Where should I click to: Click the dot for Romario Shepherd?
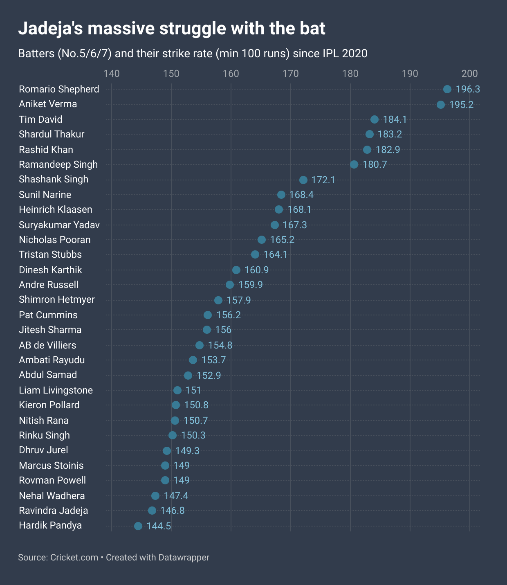point(447,89)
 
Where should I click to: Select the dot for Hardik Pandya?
point(138,526)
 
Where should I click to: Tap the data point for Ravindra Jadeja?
point(152,511)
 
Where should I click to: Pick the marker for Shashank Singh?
point(303,180)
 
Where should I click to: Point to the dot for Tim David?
point(375,119)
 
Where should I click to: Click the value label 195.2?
point(461,105)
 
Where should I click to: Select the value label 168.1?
point(299,209)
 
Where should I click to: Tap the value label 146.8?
point(173,511)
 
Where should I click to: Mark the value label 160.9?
point(256,270)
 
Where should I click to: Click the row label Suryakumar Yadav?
point(59,225)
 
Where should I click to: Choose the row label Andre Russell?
point(49,285)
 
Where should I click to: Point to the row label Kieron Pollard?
point(49,405)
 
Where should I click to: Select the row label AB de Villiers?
point(47,345)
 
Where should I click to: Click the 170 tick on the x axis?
point(291,74)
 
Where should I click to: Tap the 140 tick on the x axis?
point(112,74)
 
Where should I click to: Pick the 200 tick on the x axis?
point(470,74)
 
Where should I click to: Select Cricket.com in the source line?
point(74,557)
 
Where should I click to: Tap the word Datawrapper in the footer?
point(184,557)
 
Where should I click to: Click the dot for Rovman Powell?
point(165,480)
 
